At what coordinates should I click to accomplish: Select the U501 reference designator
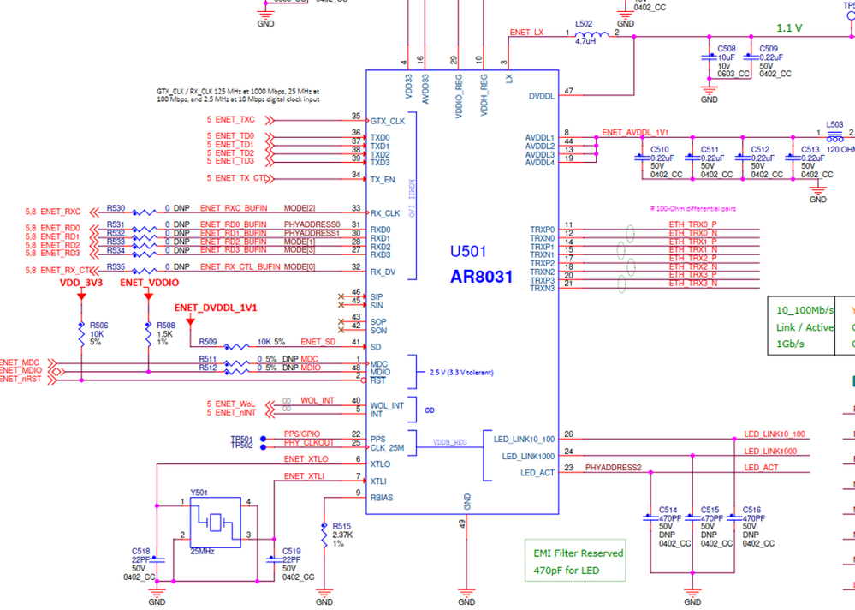click(x=468, y=253)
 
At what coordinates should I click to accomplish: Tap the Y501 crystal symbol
click(x=216, y=520)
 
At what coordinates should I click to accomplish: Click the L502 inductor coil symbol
click(x=591, y=34)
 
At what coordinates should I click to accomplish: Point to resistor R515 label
click(x=342, y=526)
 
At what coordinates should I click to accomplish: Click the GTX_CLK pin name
click(x=387, y=121)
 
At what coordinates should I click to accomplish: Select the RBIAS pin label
click(x=383, y=498)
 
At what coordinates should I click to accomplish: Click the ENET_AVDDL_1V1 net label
click(x=634, y=133)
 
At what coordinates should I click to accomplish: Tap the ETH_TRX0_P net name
click(x=692, y=225)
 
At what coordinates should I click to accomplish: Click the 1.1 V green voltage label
click(x=788, y=27)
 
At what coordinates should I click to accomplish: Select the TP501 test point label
click(x=241, y=439)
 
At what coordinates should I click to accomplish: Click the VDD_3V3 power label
click(x=80, y=281)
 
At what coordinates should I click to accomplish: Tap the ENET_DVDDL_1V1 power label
click(x=216, y=307)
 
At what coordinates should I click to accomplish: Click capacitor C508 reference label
click(x=726, y=49)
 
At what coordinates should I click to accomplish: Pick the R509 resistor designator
click(x=208, y=342)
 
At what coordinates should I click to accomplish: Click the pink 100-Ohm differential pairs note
click(x=693, y=208)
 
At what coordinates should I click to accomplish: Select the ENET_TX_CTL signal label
click(x=239, y=178)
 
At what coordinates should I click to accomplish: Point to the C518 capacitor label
click(x=140, y=551)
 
